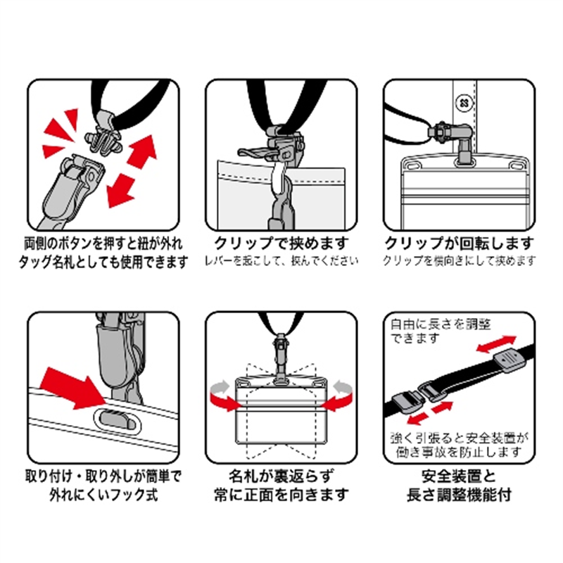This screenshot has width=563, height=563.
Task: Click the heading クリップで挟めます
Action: (x=281, y=244)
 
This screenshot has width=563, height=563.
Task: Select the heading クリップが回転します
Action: (x=459, y=244)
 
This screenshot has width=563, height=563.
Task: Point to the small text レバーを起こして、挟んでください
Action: (x=281, y=261)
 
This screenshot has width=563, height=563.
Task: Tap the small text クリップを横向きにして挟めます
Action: (x=459, y=261)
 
